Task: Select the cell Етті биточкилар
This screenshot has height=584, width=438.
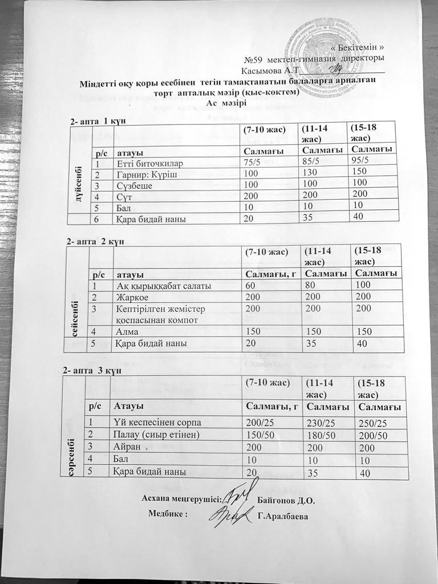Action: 147,162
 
